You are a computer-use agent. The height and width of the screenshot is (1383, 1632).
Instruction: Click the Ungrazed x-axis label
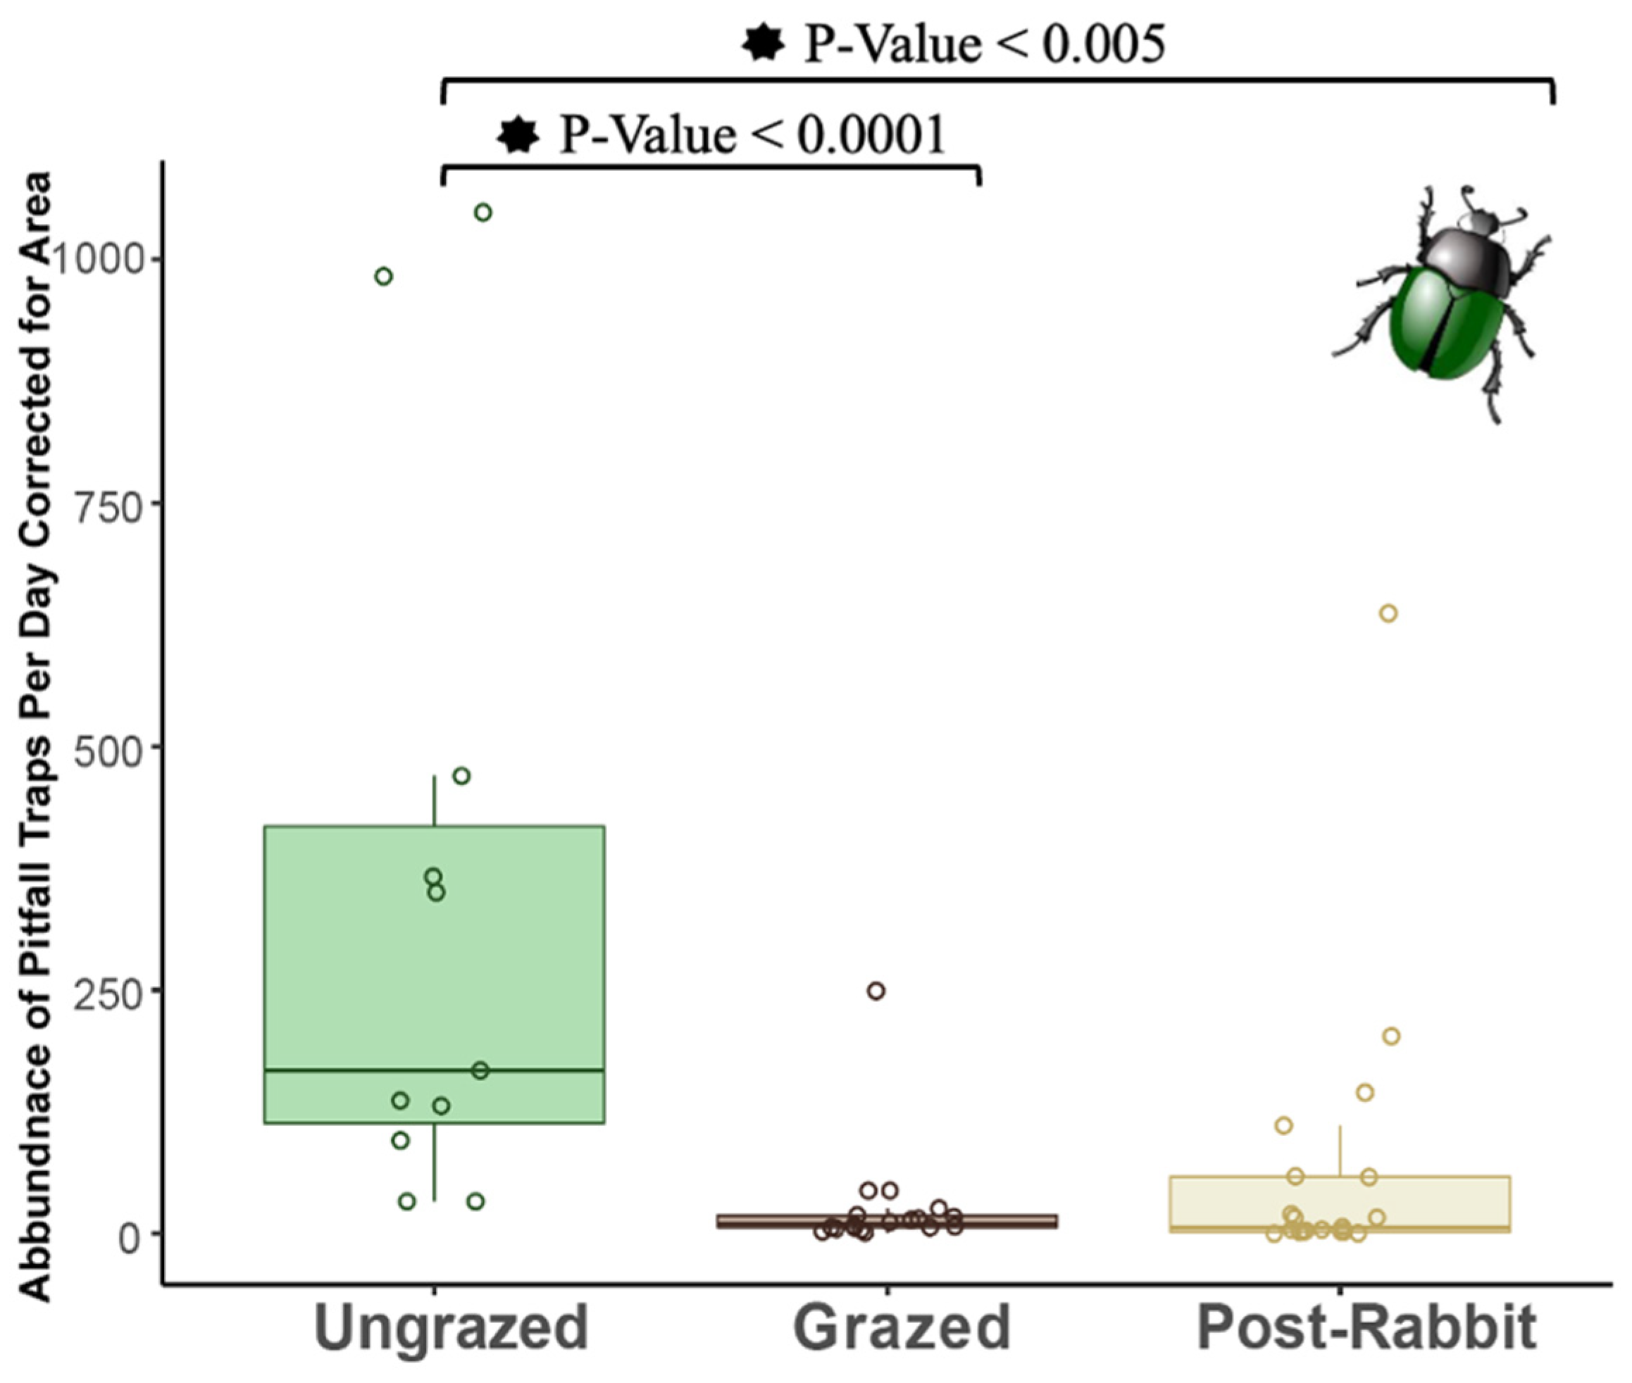[x=451, y=1327]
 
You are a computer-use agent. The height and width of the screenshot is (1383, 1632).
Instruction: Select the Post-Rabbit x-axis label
[x=1365, y=1327]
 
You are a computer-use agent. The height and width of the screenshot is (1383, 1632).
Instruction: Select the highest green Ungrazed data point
[x=483, y=213]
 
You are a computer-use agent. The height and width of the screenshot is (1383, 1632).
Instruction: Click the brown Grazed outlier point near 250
[x=876, y=991]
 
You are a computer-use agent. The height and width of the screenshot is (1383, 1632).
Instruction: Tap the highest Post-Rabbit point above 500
[x=1388, y=613]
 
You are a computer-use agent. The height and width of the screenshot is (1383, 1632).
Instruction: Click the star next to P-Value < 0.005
[x=763, y=44]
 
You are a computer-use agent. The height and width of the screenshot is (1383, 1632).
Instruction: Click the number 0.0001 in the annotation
[x=871, y=136]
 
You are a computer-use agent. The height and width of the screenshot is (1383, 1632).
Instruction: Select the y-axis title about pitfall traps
[x=35, y=737]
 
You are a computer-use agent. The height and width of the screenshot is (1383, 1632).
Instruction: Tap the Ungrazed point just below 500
[x=462, y=776]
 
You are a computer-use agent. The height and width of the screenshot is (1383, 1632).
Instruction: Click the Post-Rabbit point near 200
[x=1390, y=1037]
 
